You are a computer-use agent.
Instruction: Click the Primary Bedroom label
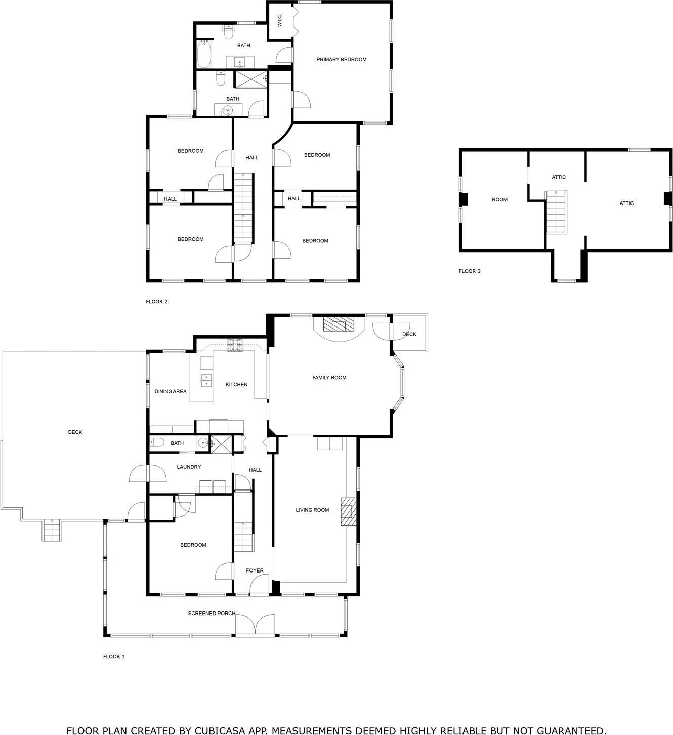[x=341, y=60]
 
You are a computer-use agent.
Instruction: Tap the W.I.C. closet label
[x=279, y=20]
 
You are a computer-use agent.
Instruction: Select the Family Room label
[x=329, y=378]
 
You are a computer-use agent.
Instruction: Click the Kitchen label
[x=236, y=385]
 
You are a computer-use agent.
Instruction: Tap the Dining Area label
[x=171, y=391]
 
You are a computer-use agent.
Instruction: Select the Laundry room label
[x=189, y=467]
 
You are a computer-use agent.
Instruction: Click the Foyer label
[x=255, y=571]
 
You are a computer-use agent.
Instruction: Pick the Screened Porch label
[x=212, y=614]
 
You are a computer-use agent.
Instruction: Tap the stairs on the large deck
[x=51, y=530]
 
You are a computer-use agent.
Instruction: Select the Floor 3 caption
[x=470, y=271]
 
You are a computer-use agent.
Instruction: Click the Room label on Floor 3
[x=499, y=200]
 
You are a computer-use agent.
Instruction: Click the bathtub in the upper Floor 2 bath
[x=203, y=54]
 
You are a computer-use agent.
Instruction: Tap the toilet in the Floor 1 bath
[x=157, y=443]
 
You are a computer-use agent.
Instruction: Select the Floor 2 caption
[x=156, y=302]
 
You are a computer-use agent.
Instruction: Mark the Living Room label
[x=312, y=510]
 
